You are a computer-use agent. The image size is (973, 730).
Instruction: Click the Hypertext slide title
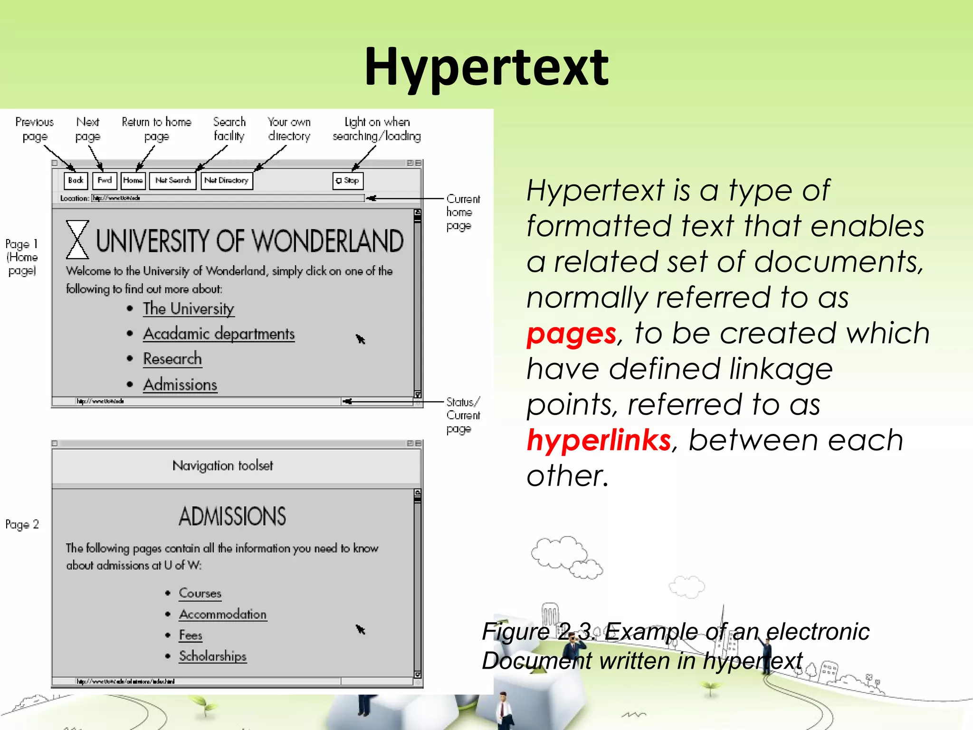(486, 67)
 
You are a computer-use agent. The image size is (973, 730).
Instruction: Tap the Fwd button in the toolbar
(105, 181)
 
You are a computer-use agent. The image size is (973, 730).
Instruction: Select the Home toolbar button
(133, 181)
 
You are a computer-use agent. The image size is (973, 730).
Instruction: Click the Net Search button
(173, 181)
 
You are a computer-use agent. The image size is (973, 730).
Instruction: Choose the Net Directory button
(227, 181)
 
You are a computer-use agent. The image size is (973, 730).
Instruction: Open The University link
(189, 309)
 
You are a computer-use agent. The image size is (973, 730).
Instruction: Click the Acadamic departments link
(219, 334)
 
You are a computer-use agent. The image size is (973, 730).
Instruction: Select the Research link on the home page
(172, 359)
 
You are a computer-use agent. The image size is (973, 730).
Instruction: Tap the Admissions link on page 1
(180, 384)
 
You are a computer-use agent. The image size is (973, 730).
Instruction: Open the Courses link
(200, 593)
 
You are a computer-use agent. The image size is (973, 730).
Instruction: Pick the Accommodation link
(223, 614)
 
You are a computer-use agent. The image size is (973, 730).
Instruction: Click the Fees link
(191, 635)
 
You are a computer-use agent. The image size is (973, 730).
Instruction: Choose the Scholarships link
(213, 656)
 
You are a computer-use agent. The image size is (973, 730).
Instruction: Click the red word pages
(572, 334)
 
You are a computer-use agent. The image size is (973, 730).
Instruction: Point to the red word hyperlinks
(599, 440)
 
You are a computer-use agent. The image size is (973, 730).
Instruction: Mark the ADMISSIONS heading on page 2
(232, 517)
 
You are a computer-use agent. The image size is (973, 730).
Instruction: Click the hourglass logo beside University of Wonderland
(77, 240)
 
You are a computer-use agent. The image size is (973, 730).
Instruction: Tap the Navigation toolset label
(223, 466)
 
